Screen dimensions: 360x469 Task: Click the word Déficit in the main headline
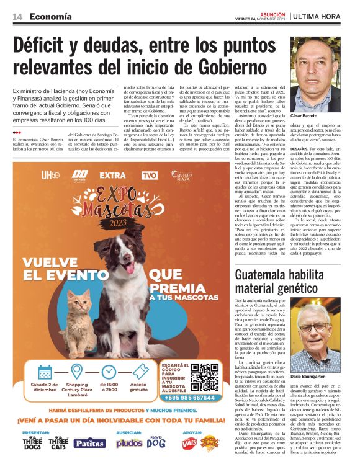(x=44, y=47)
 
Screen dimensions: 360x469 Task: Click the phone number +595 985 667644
(x=190, y=398)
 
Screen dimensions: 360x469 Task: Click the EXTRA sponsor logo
(x=112, y=176)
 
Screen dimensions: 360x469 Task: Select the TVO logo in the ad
(x=150, y=176)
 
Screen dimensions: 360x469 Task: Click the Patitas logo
(x=89, y=442)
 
